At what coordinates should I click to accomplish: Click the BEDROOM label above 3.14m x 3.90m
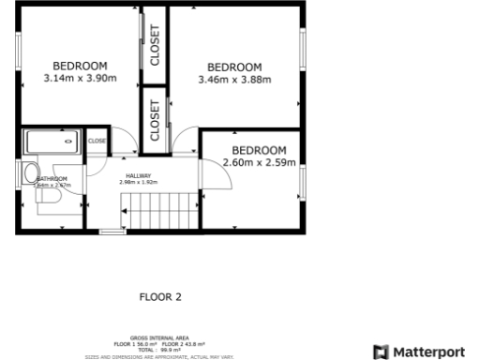pyautogui.click(x=80, y=65)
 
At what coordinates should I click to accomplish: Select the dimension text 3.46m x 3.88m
pyautogui.click(x=234, y=80)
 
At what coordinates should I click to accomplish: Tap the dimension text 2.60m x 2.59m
pyautogui.click(x=259, y=163)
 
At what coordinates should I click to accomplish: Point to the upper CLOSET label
pyautogui.click(x=155, y=44)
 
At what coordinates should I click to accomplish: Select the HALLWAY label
pyautogui.click(x=139, y=174)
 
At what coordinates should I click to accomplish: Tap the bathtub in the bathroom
pyautogui.click(x=51, y=142)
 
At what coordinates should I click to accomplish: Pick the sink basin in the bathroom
pyautogui.click(x=30, y=172)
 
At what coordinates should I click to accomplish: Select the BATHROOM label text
pyautogui.click(x=52, y=179)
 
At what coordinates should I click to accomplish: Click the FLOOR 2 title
pyautogui.click(x=159, y=297)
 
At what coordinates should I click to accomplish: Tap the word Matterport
pyautogui.click(x=428, y=352)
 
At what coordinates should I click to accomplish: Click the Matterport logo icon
pyautogui.click(x=381, y=352)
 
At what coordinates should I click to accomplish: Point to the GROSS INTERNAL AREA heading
pyautogui.click(x=159, y=339)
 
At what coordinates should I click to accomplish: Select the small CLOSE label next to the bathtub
pyautogui.click(x=97, y=141)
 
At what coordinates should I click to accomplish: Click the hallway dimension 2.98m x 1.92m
pyautogui.click(x=139, y=182)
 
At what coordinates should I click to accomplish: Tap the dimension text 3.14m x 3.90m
pyautogui.click(x=80, y=78)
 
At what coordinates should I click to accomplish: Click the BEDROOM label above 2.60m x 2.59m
pyautogui.click(x=259, y=150)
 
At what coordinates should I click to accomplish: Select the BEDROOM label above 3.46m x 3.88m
pyautogui.click(x=234, y=67)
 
